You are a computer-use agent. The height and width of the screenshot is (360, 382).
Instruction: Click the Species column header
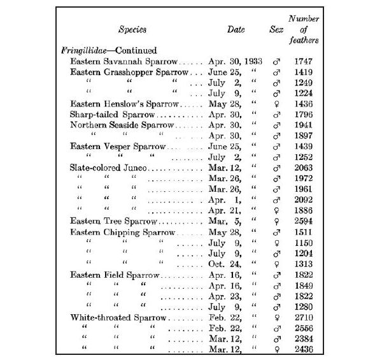[x=132, y=29]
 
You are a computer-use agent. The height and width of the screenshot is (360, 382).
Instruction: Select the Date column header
[x=236, y=29]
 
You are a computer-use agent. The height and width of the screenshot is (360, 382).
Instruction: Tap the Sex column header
[x=276, y=29]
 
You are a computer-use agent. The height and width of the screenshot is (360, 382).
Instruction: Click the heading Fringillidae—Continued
[x=108, y=50]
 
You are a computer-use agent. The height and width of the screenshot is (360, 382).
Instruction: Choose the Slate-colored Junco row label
[x=109, y=168]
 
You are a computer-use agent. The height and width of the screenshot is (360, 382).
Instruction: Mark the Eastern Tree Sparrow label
[x=114, y=220]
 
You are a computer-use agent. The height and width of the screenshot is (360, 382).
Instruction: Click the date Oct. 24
[x=222, y=264]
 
